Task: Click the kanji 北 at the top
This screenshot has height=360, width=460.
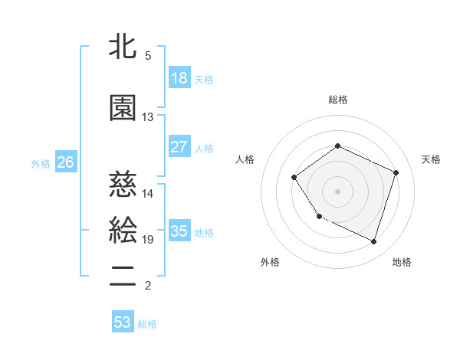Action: tap(123, 46)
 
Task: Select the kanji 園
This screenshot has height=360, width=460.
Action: tap(123, 106)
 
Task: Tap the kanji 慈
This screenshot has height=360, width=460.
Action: tap(123, 183)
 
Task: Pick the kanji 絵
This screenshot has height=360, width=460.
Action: tap(123, 229)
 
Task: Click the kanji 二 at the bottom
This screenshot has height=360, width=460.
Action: tap(123, 276)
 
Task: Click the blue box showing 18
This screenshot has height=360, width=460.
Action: tap(179, 77)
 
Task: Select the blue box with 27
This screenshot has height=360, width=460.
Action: tap(179, 147)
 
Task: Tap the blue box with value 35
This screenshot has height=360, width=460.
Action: tap(179, 231)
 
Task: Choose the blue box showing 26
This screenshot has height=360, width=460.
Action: tap(66, 162)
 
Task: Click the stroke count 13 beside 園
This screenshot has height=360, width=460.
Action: tap(148, 117)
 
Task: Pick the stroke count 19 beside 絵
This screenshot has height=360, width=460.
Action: tap(148, 240)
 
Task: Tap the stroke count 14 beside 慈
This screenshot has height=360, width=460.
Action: tap(148, 194)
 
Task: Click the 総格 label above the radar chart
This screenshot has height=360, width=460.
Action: tap(337, 100)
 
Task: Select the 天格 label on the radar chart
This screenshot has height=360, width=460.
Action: tap(431, 159)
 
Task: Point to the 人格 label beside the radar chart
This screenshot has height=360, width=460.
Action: tap(245, 159)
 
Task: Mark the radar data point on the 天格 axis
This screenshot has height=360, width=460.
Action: tap(396, 172)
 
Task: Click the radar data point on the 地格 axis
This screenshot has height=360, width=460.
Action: tap(373, 241)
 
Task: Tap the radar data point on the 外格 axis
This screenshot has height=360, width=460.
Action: tap(319, 217)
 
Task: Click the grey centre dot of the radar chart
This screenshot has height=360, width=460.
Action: tap(337, 191)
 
